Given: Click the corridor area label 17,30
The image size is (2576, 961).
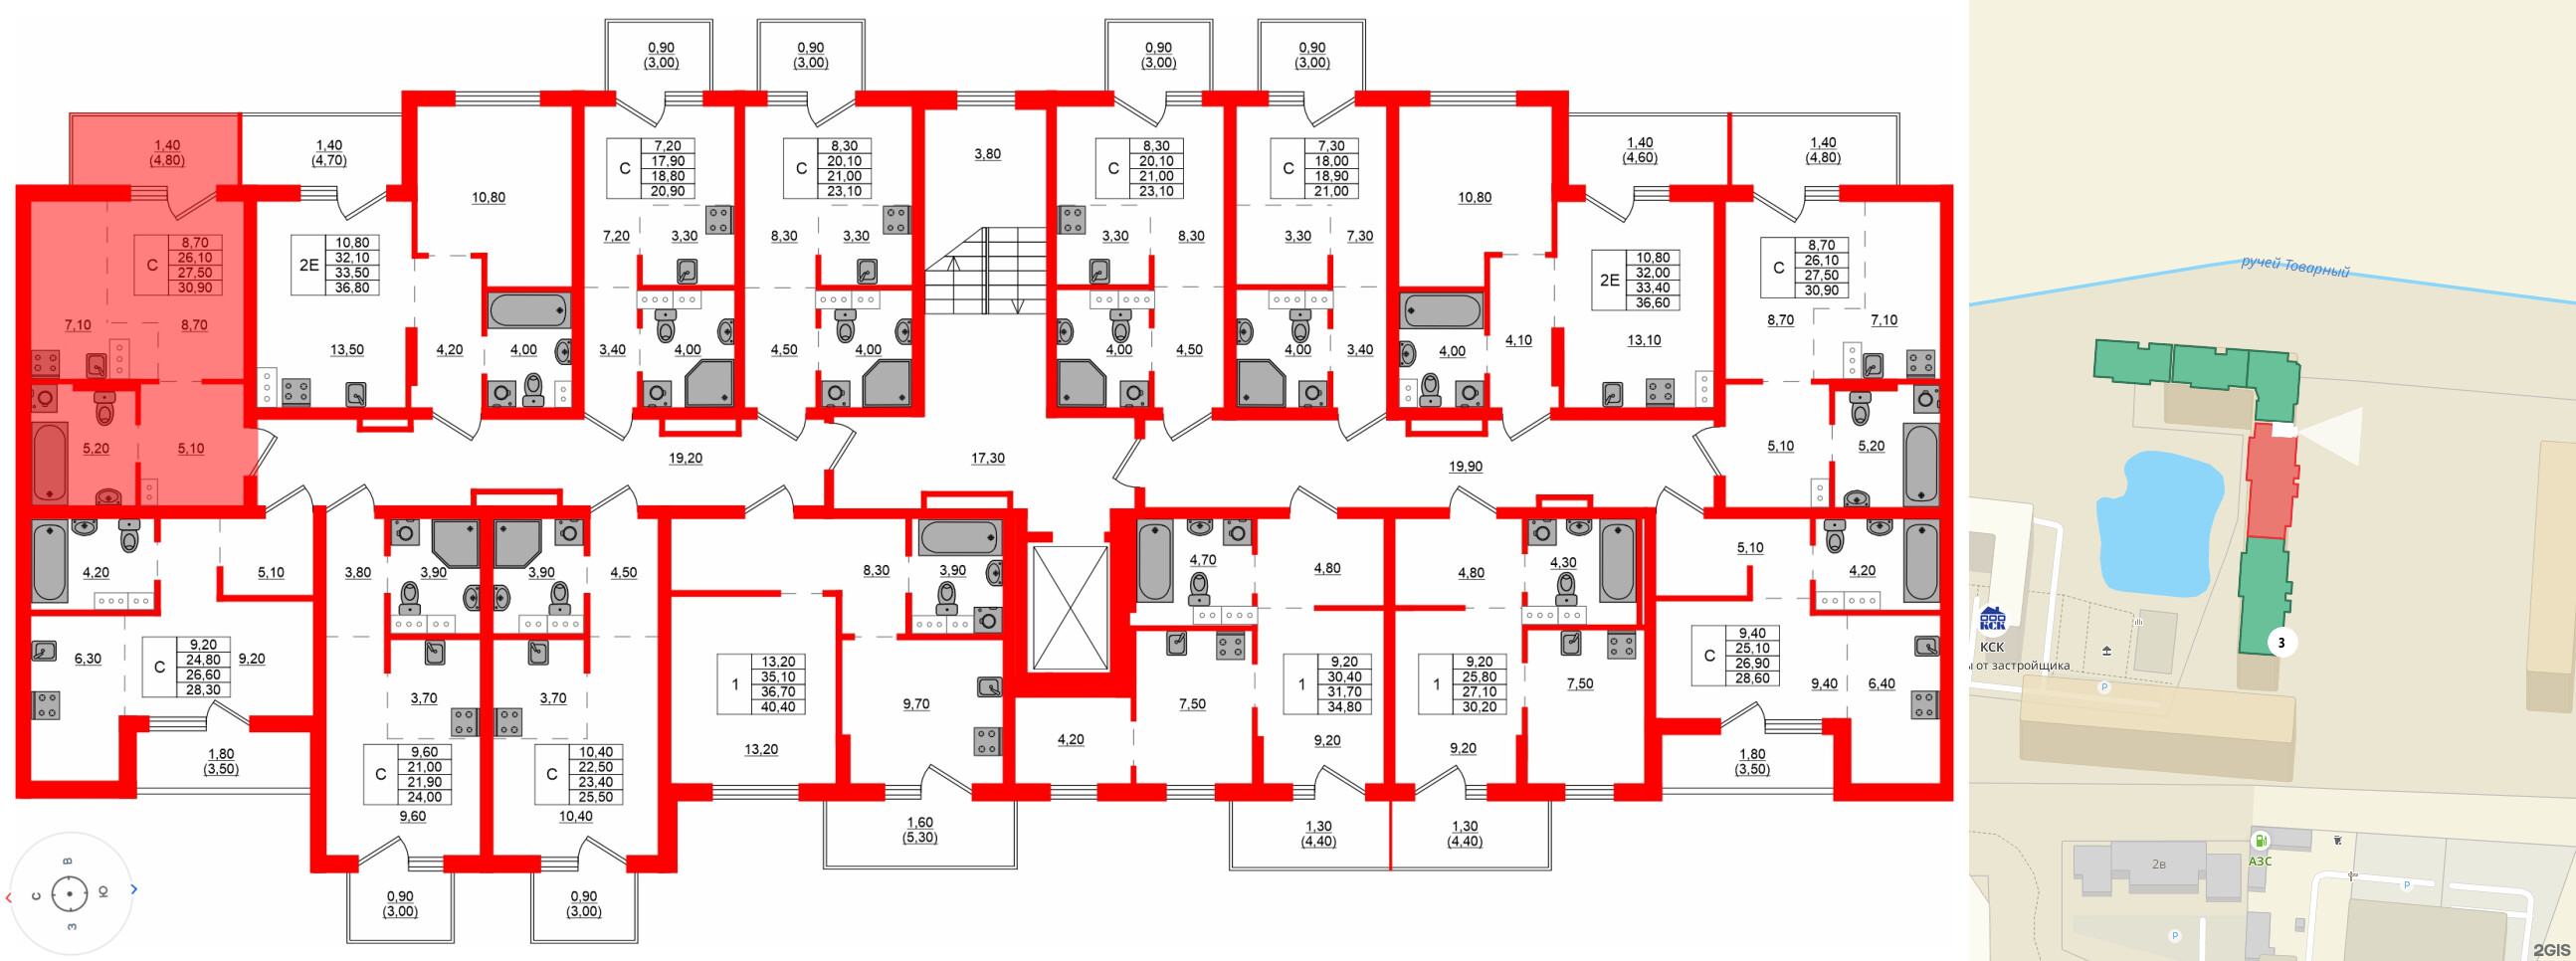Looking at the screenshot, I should point(987,458).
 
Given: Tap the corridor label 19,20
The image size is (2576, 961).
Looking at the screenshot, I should point(685,458).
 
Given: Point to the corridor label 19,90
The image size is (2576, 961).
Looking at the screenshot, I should point(1465,466).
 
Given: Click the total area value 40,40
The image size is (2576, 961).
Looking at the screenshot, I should point(778,707).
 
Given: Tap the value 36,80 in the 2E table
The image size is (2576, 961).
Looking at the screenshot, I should point(352,288).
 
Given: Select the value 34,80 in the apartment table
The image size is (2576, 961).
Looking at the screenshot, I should point(1344,707).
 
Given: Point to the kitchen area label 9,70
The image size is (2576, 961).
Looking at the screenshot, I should point(915,704).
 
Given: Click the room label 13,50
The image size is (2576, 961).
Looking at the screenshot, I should point(347,350).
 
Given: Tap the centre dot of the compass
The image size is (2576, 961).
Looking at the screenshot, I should point(69,893).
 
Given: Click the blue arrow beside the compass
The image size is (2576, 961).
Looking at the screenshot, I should point(134,889).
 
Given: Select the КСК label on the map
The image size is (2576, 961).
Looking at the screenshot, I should point(1991,647).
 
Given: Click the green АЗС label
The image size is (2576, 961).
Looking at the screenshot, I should point(2260,861).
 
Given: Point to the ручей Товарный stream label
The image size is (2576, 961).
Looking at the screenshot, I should point(2294,267).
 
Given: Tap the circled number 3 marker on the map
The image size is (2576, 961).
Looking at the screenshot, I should point(2281,643).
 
